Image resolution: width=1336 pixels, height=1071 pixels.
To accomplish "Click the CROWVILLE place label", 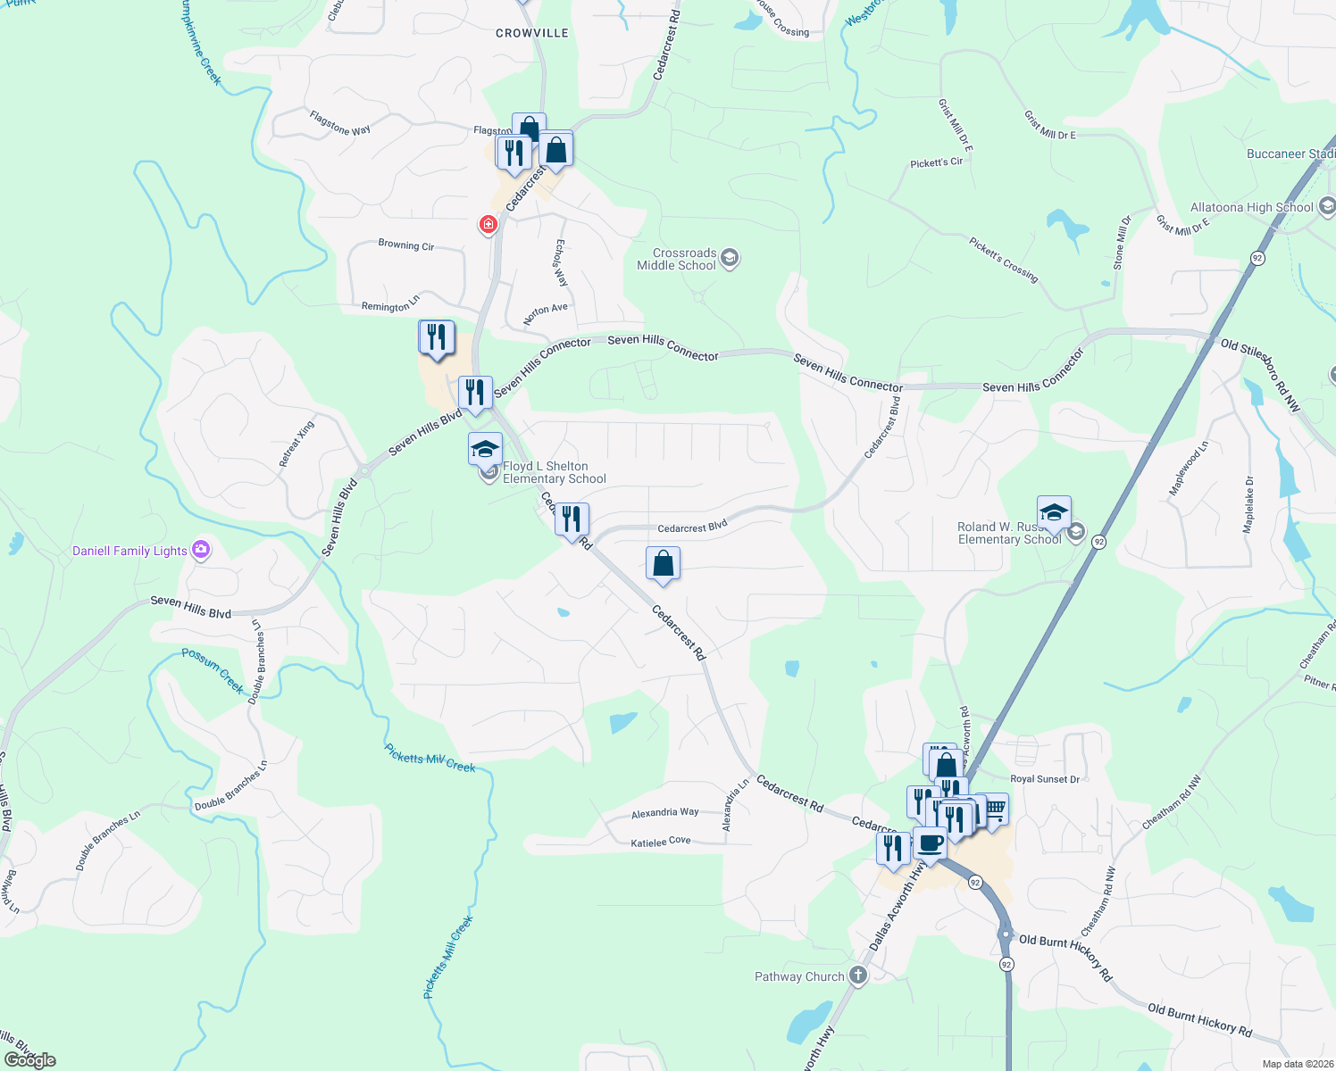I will [x=531, y=33].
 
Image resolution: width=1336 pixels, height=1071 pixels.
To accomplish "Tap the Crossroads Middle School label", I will [x=676, y=260].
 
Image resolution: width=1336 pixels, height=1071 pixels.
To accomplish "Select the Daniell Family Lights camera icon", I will [x=201, y=550].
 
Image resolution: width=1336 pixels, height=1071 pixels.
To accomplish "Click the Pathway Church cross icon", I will [x=858, y=976].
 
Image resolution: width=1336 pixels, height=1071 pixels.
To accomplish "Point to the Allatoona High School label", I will [x=1251, y=207].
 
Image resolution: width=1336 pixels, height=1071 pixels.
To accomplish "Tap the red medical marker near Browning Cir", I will [x=488, y=224].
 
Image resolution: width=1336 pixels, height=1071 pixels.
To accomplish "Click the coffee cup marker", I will [x=930, y=843].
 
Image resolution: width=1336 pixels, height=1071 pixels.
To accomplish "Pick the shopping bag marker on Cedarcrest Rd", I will [x=663, y=564].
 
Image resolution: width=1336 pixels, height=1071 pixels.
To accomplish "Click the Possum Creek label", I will [x=213, y=670].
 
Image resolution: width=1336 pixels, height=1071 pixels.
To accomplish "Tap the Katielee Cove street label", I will [x=660, y=842].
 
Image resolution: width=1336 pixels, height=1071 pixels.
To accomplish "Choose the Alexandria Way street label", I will [x=664, y=813].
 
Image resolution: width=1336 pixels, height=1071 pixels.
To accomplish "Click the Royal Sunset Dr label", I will [x=1044, y=779].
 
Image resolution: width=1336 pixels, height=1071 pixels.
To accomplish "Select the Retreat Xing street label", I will [x=296, y=444].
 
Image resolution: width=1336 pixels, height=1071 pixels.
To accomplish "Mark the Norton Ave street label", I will [x=545, y=313].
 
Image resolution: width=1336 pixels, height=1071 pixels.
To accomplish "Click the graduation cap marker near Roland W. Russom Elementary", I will [x=1054, y=513].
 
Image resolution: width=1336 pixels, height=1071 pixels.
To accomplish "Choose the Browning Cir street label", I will [x=405, y=245].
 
